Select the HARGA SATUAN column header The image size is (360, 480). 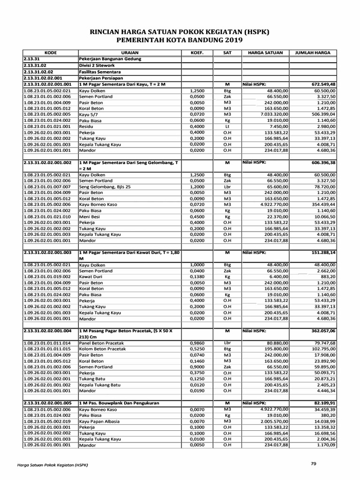click(x=265, y=53)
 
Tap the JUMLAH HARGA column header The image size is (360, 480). click(x=313, y=53)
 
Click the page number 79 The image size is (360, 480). click(x=314, y=464)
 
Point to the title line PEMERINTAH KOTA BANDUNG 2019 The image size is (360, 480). click(x=180, y=40)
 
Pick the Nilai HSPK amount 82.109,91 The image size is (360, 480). click(x=321, y=403)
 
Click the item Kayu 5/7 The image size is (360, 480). click(x=89, y=114)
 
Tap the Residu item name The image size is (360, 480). click(x=87, y=127)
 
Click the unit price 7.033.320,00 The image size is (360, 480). click(x=271, y=114)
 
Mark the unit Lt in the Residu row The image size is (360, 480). click(x=227, y=127)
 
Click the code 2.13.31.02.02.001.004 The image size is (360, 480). click(x=49, y=330)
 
